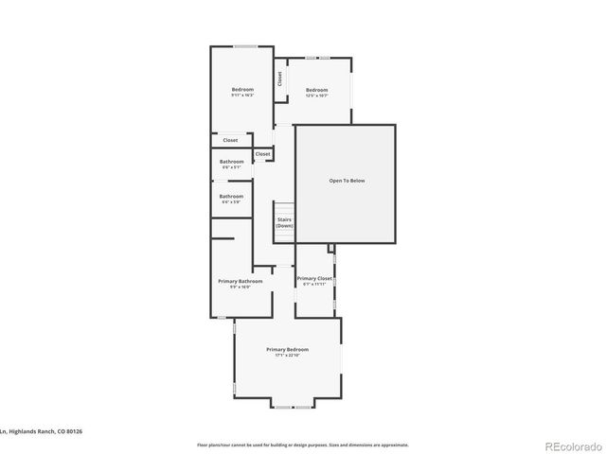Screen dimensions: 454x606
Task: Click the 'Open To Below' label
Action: tap(347, 180)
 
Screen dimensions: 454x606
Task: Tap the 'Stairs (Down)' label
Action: tap(284, 222)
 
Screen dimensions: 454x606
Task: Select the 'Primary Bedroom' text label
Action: tap(287, 349)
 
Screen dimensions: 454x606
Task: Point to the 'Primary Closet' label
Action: tap(313, 278)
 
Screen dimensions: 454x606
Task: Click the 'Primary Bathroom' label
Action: tap(240, 281)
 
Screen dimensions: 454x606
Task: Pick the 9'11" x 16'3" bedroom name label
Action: tap(242, 90)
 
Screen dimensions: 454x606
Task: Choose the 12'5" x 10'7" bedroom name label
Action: tap(316, 90)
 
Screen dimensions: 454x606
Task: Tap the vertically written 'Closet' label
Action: tap(279, 79)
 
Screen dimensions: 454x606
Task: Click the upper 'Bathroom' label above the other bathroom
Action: tap(232, 161)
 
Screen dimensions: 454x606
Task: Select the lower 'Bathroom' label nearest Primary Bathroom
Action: tap(232, 196)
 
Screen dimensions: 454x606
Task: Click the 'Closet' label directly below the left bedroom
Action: tap(230, 140)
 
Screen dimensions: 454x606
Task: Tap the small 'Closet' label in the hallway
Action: tap(262, 153)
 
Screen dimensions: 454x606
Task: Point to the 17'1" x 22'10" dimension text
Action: tap(287, 355)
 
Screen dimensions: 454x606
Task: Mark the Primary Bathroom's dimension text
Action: tap(240, 287)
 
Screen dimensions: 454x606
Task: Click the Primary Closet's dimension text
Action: tap(313, 284)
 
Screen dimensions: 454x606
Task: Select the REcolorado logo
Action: tap(570, 445)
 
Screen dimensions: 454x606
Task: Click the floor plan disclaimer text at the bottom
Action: tap(302, 444)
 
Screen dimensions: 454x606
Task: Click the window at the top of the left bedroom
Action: tap(245, 45)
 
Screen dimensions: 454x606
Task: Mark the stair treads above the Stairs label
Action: tap(283, 207)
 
